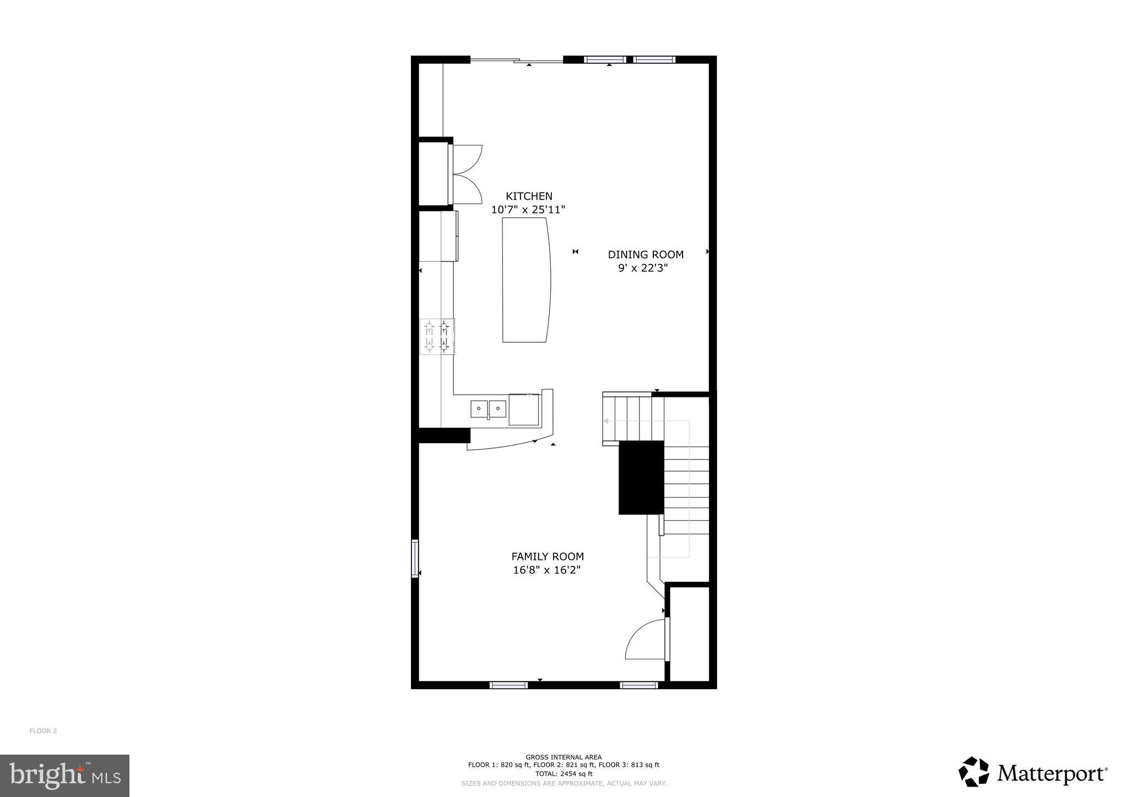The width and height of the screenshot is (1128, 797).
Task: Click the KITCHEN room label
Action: [529, 196]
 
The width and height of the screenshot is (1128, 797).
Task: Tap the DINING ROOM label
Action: [646, 254]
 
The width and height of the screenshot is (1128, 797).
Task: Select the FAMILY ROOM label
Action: [547, 556]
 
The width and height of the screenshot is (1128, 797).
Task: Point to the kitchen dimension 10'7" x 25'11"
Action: [528, 210]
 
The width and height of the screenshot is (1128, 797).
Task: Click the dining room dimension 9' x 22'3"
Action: [643, 269]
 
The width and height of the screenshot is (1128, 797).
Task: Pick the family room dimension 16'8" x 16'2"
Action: [547, 570]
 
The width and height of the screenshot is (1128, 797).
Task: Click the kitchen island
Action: [526, 280]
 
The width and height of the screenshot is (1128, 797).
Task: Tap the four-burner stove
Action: [437, 336]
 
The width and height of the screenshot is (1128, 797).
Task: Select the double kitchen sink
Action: [488, 409]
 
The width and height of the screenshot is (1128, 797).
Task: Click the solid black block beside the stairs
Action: [641, 477]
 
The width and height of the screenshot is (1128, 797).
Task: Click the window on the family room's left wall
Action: [415, 558]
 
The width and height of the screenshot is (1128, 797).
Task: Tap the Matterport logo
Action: [1033, 773]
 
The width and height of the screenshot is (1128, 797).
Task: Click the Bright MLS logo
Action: [64, 776]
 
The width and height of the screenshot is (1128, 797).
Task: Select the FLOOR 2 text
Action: [43, 731]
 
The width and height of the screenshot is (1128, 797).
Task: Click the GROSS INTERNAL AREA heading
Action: [563, 757]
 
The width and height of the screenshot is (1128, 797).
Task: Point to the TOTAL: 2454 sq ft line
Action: [563, 773]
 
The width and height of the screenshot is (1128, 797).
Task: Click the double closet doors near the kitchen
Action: [466, 174]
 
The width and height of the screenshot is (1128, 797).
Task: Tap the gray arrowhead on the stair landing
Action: [606, 421]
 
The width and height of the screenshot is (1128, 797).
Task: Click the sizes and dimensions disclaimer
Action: [563, 783]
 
